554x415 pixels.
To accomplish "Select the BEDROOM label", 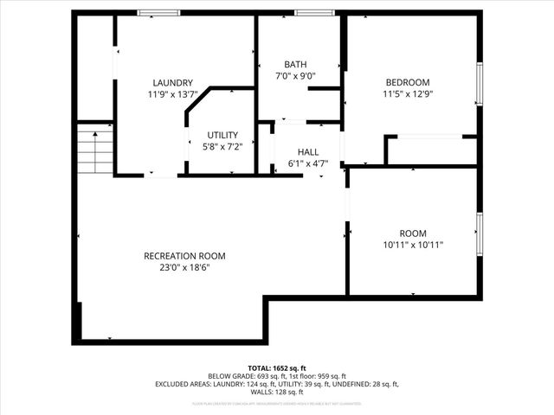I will click(x=407, y=83).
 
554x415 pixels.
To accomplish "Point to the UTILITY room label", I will click(x=222, y=135).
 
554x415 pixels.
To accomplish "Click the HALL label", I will click(x=308, y=152).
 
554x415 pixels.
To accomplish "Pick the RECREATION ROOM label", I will click(x=184, y=256).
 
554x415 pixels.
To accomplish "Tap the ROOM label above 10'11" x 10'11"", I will click(x=413, y=233).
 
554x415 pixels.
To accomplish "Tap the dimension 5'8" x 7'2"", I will click(x=222, y=146).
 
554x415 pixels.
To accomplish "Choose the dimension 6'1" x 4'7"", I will click(x=308, y=163).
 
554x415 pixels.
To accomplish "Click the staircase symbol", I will click(x=95, y=150).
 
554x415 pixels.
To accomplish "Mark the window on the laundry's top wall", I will click(x=158, y=13).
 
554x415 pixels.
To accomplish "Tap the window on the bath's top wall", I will click(x=308, y=13).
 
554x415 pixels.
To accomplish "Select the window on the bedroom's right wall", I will click(x=479, y=84).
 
